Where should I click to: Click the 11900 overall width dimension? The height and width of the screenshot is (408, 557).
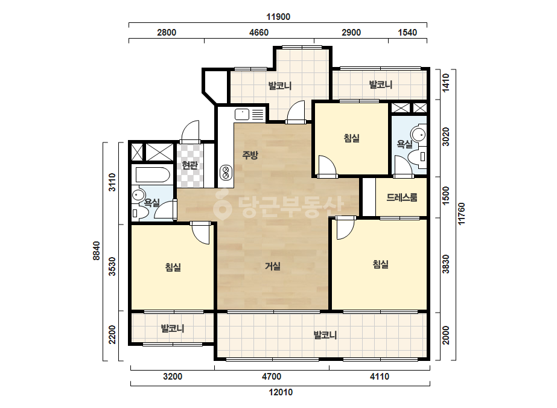[x=278, y=17]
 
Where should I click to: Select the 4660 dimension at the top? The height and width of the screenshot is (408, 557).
[x=259, y=33]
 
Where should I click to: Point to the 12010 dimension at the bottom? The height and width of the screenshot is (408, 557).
[x=281, y=392]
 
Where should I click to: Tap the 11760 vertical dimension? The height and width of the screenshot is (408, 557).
[x=461, y=214]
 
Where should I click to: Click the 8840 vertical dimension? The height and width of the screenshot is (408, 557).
[x=97, y=250]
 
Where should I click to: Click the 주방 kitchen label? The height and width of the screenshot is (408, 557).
[x=250, y=155]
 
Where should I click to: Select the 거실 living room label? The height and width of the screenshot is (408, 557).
[x=273, y=266]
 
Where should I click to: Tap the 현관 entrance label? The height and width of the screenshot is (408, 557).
[x=189, y=165]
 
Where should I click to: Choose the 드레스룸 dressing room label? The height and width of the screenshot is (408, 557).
[x=402, y=197]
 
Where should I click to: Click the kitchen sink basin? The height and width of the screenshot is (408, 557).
[x=242, y=115]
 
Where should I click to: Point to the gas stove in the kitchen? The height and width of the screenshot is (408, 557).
[x=226, y=173]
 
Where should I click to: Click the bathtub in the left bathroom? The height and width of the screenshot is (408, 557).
[x=153, y=175]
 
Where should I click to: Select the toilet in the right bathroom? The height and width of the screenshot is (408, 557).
[x=418, y=156]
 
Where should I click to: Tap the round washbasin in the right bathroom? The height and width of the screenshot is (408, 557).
[x=418, y=135]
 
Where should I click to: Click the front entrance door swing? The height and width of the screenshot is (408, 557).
[x=190, y=132]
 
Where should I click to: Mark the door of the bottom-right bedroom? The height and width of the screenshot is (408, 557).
[x=345, y=228]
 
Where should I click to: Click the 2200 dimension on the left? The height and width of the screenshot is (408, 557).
[x=112, y=334]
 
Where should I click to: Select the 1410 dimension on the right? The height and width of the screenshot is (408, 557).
[x=446, y=83]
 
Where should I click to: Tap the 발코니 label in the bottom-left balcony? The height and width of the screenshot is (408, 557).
[x=173, y=328]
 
